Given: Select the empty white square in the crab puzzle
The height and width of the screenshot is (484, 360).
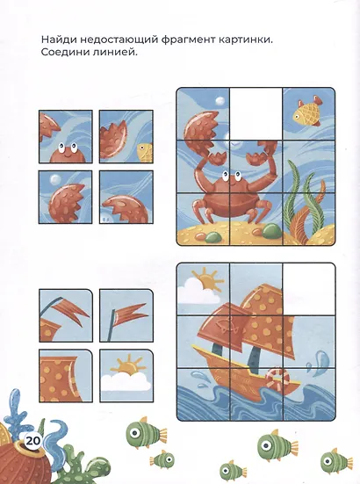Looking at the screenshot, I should coord(256,113).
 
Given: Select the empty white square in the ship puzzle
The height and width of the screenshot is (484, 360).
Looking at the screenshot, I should coord(309,286).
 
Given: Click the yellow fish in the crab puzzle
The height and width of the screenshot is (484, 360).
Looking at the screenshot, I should coord(307,112).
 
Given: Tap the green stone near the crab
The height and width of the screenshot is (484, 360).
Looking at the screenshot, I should coord(271,230).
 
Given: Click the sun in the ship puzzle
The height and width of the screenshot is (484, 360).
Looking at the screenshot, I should coord(207,282).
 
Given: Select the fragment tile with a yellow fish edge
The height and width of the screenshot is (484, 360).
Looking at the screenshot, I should coord(126,138).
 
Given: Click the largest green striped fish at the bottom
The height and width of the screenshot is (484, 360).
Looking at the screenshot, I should coord(274,444).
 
